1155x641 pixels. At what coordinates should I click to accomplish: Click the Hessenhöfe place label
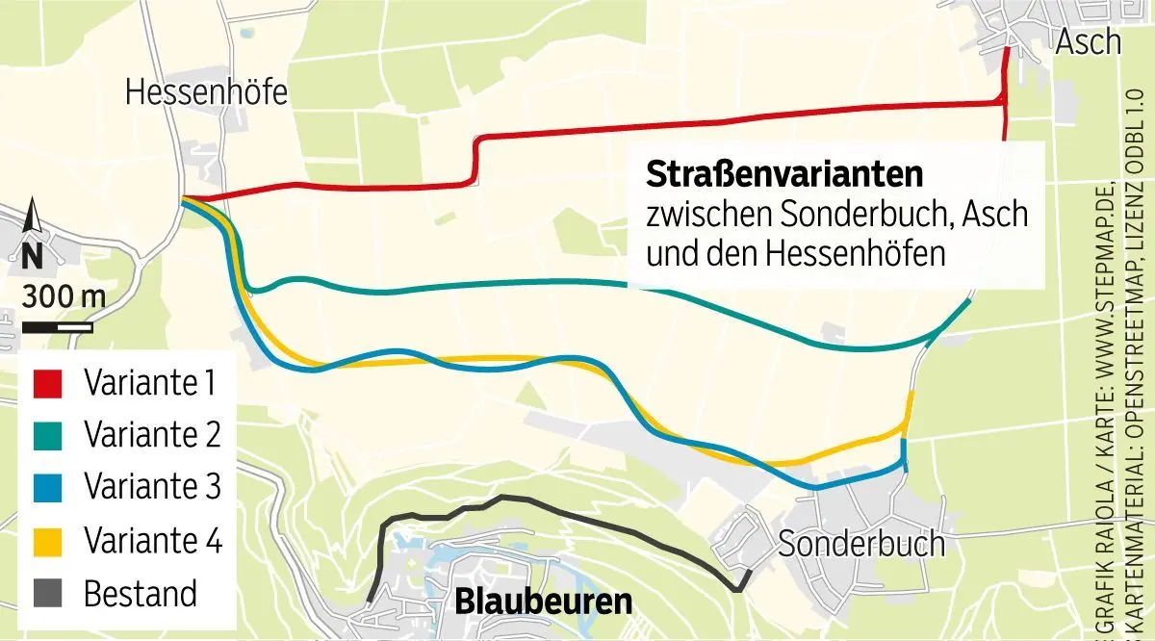point(207,92)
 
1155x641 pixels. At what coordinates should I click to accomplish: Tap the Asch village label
point(1089,41)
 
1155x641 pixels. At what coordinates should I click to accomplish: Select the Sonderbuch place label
point(860,544)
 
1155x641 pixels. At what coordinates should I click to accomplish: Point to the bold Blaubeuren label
point(543,603)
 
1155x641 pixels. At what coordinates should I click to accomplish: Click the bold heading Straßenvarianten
point(784,175)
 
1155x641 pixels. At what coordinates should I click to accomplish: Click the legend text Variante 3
point(153,488)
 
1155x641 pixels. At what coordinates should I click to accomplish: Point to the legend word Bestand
point(141,593)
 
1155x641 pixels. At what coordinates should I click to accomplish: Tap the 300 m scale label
point(64,296)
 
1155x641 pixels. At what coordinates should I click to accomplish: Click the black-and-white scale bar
point(59,326)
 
